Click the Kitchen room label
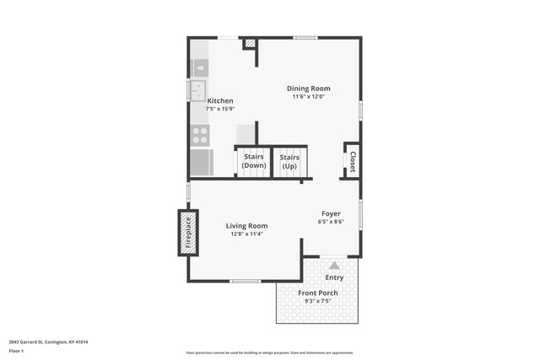point(220,101)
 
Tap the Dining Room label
point(308,89)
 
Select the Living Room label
point(246,225)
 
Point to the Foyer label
point(331,214)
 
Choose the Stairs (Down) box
point(254,161)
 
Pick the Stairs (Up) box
point(289,161)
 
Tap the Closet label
point(352,161)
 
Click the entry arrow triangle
point(334,265)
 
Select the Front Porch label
point(318,293)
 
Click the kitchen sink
point(198,90)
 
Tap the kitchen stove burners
point(200,136)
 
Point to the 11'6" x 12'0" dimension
point(308,97)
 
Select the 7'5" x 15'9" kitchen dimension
point(220,109)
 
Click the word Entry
point(334,277)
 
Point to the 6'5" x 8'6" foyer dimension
point(331,222)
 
